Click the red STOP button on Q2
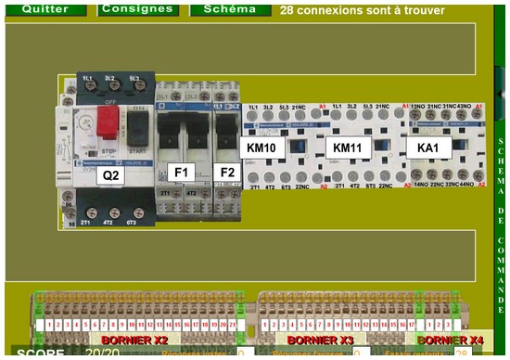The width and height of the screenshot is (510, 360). [x=108, y=121]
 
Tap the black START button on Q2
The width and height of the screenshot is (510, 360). [x=138, y=122]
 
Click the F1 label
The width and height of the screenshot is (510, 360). [x=182, y=172]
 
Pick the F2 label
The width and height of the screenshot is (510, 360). [x=225, y=172]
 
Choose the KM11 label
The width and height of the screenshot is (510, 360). [x=351, y=148]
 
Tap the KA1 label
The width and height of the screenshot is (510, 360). [x=427, y=148]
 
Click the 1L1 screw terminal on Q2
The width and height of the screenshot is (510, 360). [x=87, y=88]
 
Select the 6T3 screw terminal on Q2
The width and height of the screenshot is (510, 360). [x=134, y=212]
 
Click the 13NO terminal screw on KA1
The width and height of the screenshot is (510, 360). [x=417, y=120]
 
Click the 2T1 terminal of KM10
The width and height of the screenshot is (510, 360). [x=253, y=176]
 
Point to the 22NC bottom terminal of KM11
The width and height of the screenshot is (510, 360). [x=383, y=176]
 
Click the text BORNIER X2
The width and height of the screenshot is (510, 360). [x=135, y=341]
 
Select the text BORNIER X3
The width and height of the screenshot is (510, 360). [x=320, y=341]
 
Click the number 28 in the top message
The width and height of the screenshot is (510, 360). [x=287, y=10]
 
